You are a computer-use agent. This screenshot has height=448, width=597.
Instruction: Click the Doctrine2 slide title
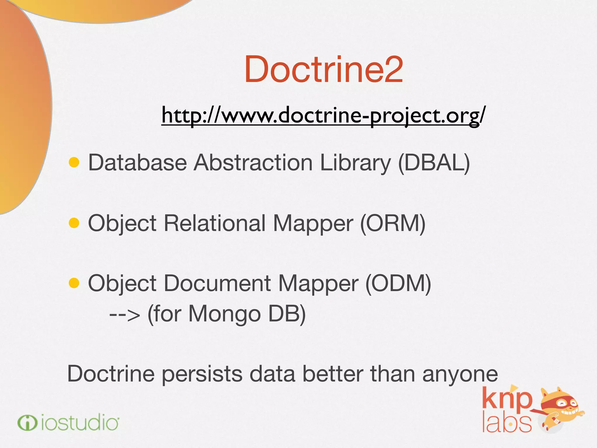tap(324, 69)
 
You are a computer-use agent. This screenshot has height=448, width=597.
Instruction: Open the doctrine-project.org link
tap(324, 115)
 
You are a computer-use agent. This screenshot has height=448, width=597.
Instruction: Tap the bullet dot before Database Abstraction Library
tap(74, 162)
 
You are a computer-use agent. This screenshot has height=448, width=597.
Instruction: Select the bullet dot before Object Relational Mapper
tap(74, 223)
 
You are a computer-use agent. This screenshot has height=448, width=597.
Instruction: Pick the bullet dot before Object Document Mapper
tap(74, 283)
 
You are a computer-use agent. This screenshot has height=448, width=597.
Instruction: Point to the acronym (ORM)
tap(393, 223)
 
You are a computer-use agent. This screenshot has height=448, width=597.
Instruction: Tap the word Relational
tap(215, 223)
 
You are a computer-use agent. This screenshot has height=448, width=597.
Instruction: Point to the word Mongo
tap(224, 314)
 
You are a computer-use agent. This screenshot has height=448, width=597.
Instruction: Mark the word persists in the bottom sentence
tap(202, 374)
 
